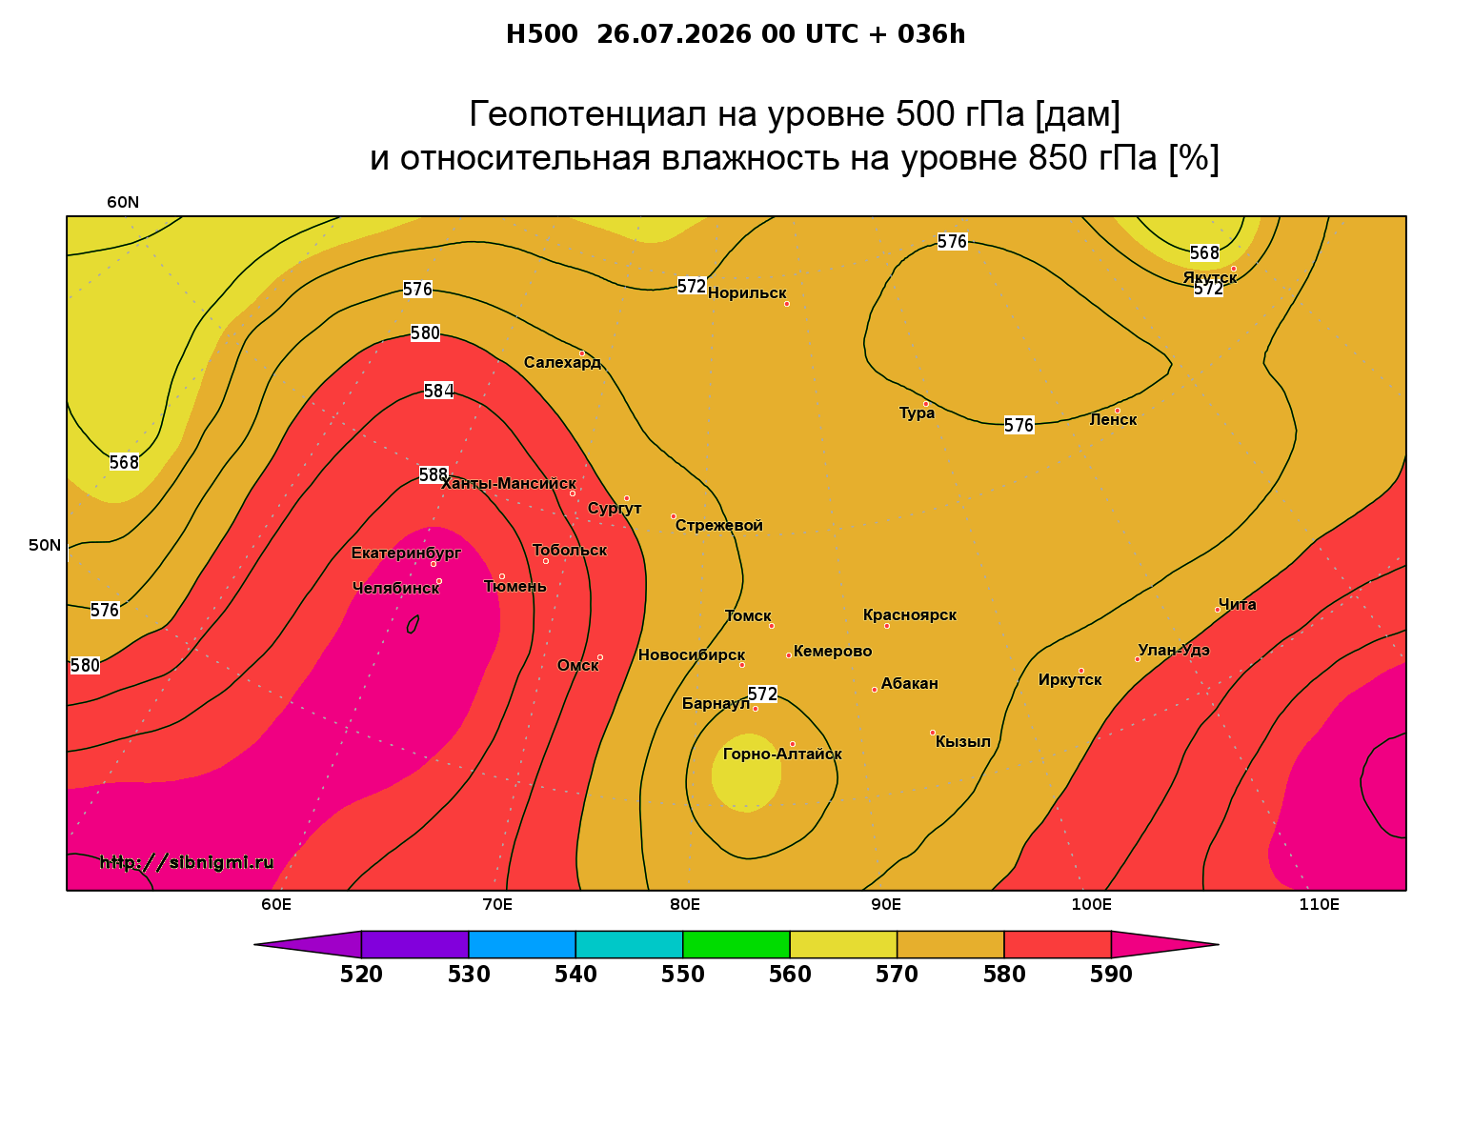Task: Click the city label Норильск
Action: pyautogui.click(x=747, y=292)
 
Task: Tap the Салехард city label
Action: pyautogui.click(x=562, y=362)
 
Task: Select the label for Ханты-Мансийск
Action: pyautogui.click(x=509, y=483)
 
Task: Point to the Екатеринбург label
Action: pyautogui.click(x=406, y=553)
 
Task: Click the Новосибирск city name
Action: pyautogui.click(x=692, y=654)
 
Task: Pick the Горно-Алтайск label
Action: pyautogui.click(x=782, y=754)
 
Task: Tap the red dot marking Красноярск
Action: pyautogui.click(x=887, y=626)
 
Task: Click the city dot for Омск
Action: pyautogui.click(x=600, y=657)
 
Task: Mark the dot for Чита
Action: pyautogui.click(x=1218, y=610)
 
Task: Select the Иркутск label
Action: pyautogui.click(x=1070, y=679)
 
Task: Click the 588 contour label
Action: pyautogui.click(x=434, y=474)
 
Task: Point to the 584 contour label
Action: pyautogui.click(x=438, y=391)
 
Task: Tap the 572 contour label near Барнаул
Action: pyautogui.click(x=762, y=694)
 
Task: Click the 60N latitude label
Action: pyautogui.click(x=123, y=202)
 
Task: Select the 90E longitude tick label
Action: pyautogui.click(x=886, y=904)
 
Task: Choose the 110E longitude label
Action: pyautogui.click(x=1319, y=904)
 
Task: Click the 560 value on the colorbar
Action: pyautogui.click(x=790, y=975)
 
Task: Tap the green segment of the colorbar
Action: pyautogui.click(x=736, y=944)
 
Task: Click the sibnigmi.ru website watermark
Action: pyautogui.click(x=187, y=862)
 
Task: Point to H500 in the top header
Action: pyautogui.click(x=541, y=34)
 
